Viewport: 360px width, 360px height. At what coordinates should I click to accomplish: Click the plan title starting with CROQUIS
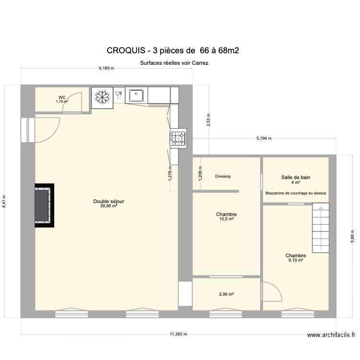[x=173, y=50]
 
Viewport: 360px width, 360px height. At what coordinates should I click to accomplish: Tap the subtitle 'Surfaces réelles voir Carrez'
[x=174, y=62]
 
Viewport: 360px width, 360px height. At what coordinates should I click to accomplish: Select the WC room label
[x=62, y=97]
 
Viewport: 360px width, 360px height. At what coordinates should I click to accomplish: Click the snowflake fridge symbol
[x=101, y=97]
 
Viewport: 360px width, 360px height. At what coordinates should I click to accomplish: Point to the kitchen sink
[x=136, y=95]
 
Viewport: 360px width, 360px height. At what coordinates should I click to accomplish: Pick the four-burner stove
[x=177, y=139]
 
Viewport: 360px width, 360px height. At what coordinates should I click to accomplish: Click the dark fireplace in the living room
[x=44, y=205]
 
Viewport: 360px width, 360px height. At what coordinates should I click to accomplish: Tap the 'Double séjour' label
[x=108, y=202]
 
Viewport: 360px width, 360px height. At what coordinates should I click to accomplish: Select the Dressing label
[x=223, y=176]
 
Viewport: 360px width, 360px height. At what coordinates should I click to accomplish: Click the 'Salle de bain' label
[x=295, y=177]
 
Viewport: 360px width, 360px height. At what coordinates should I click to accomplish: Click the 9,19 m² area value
[x=295, y=260]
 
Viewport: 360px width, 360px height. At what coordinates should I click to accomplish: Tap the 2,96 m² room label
[x=226, y=294]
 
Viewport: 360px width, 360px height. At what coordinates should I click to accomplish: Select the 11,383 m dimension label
[x=178, y=334]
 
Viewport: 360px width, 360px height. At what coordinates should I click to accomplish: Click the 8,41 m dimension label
[x=4, y=201]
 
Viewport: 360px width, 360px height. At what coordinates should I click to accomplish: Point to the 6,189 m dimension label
[x=106, y=68]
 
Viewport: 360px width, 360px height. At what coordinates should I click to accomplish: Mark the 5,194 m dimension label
[x=263, y=138]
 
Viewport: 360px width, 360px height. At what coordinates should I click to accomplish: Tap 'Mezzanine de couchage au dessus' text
[x=295, y=193]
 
